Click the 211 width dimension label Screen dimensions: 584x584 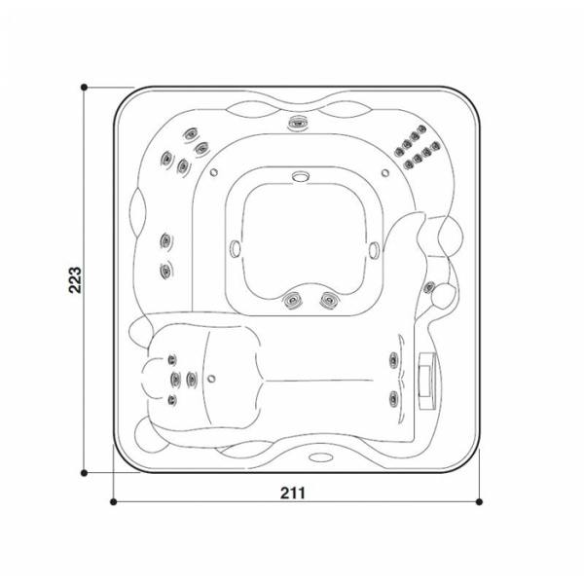point(295,493)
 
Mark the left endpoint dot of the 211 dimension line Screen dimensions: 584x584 point(113,502)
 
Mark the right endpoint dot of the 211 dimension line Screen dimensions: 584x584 point(479,502)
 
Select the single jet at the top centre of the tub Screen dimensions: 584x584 point(297,123)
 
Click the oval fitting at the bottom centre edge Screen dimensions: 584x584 point(317,456)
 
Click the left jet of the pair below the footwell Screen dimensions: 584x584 point(291,301)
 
